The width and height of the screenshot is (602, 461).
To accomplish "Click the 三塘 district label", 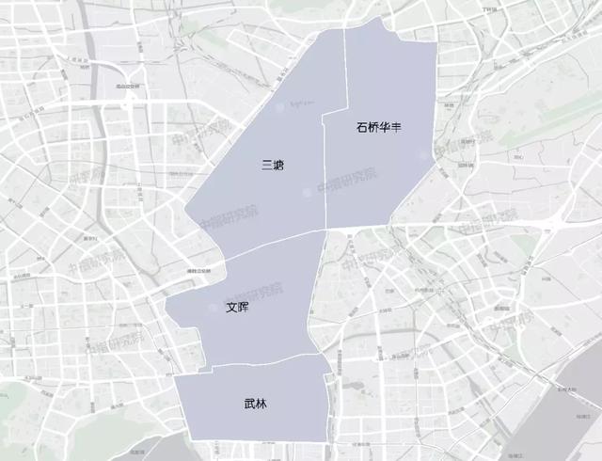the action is coord(273,165).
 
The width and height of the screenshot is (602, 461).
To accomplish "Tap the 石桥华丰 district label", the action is coord(379,127).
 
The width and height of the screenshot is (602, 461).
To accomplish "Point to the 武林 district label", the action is coord(255,405).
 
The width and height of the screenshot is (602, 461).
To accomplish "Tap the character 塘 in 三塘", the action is coord(278,165).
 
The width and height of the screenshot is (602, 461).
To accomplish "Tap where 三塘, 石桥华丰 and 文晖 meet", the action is coord(325,229).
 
